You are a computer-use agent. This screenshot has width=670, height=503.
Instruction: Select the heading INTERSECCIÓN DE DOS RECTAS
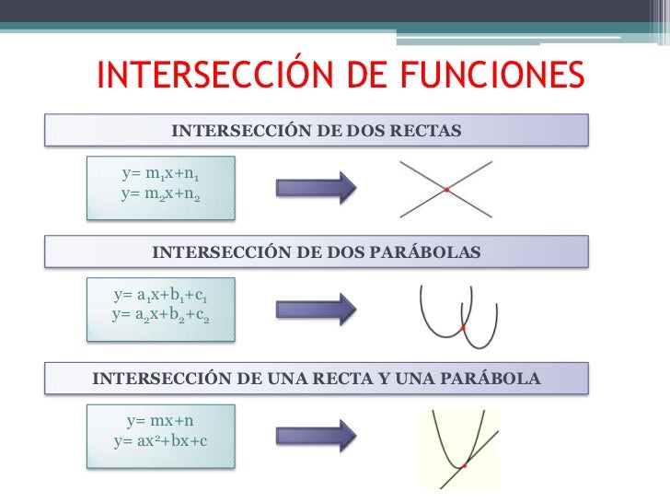click(316, 130)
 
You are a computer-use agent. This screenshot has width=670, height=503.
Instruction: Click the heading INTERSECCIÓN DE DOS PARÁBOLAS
click(316, 251)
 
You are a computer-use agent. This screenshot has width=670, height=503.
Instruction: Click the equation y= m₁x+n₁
click(160, 175)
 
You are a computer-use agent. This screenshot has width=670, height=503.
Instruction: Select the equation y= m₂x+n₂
click(160, 195)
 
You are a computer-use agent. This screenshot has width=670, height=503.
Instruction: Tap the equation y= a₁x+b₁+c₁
click(160, 297)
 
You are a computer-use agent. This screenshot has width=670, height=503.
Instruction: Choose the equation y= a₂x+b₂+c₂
click(160, 316)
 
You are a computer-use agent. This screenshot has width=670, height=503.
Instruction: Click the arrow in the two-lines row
click(316, 187)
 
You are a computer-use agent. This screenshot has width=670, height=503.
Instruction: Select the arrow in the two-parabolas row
click(316, 310)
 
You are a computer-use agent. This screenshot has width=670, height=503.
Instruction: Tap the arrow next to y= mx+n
click(316, 435)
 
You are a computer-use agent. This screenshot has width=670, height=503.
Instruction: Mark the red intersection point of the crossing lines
click(446, 190)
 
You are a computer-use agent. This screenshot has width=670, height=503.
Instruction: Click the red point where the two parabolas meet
click(464, 328)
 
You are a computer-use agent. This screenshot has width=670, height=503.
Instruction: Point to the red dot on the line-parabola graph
click(465, 466)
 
